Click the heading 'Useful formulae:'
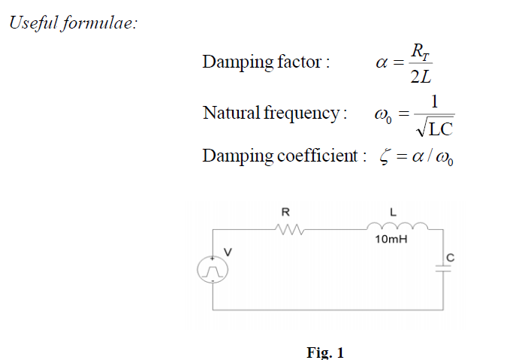coord(73,23)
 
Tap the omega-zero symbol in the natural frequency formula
coord(382,116)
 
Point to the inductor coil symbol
coord(397,225)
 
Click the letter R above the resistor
coord(285,211)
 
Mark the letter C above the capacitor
coord(451,259)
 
